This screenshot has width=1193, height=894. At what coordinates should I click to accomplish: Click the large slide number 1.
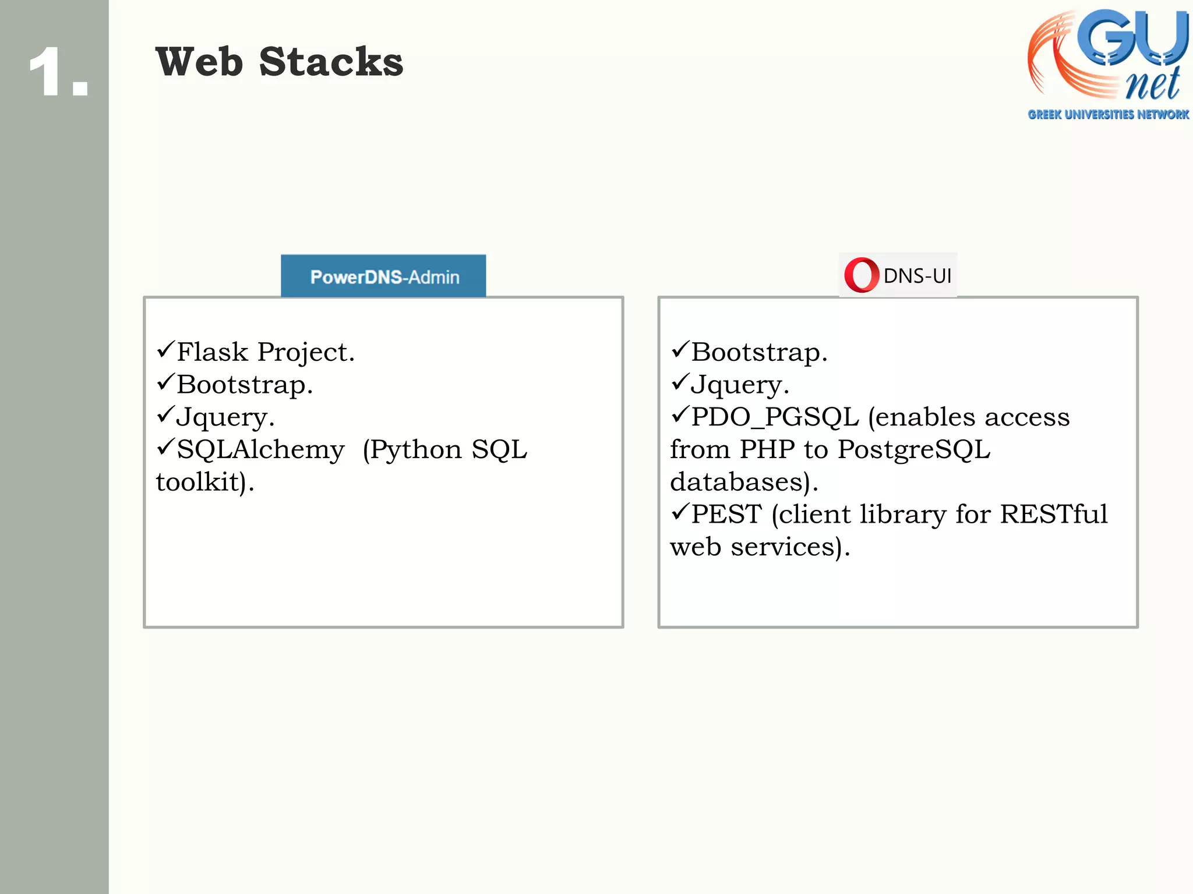click(x=50, y=72)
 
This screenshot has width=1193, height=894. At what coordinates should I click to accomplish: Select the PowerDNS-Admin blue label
click(x=383, y=276)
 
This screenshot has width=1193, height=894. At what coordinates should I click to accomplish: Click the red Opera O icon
click(x=861, y=275)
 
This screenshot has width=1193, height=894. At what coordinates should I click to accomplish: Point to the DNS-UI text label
click(x=917, y=276)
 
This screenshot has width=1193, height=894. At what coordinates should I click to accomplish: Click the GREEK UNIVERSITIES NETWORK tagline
click(x=1108, y=115)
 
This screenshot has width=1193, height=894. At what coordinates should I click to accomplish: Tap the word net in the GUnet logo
click(x=1152, y=85)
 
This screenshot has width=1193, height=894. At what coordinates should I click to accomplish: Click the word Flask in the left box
click(x=212, y=352)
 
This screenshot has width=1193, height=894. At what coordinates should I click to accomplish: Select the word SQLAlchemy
click(x=260, y=449)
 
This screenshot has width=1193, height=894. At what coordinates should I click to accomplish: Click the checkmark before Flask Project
click(x=165, y=349)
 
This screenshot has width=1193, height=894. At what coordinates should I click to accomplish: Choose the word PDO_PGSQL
click(x=775, y=417)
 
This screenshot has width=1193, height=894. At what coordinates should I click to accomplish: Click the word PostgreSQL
click(x=914, y=449)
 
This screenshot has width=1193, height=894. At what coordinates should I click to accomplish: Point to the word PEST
click(x=726, y=514)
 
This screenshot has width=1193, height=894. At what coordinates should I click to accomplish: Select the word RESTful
click(x=1054, y=514)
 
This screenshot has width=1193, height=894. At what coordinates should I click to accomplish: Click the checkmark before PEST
click(x=680, y=512)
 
